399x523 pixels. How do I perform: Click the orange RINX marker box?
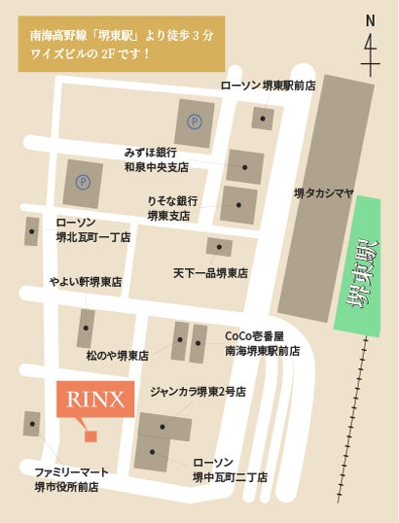coord(94,399)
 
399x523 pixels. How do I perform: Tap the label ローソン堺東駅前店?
coord(268,87)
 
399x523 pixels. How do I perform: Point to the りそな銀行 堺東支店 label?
coord(171,207)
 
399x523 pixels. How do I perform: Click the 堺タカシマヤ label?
coord(324,193)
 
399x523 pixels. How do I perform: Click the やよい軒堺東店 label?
coord(86,282)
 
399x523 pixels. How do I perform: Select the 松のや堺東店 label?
coord(117,356)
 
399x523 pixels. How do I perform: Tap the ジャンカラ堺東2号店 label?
coord(197,393)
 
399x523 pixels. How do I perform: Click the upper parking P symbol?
coord(195,122)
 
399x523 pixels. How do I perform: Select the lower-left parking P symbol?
coord(83,181)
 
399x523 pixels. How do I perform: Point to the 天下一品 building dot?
coord(219,247)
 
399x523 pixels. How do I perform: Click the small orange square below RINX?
coord(91,436)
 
